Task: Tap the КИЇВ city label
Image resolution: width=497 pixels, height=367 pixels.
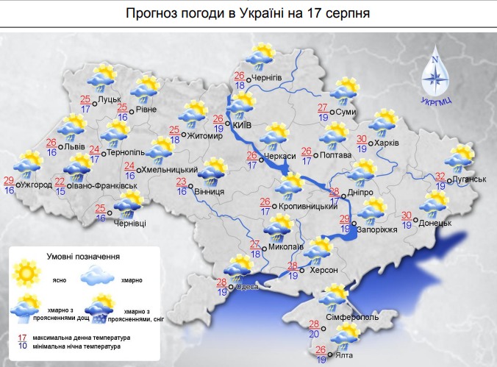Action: tap(242, 126)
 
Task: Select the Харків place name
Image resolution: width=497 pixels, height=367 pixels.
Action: tap(387, 143)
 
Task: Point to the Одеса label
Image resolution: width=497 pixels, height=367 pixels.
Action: tap(247, 287)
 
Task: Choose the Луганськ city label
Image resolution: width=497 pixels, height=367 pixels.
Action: tap(470, 179)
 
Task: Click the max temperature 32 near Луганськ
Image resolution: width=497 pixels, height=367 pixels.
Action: tap(440, 177)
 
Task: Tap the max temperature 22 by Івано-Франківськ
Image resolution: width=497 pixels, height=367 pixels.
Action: tap(60, 182)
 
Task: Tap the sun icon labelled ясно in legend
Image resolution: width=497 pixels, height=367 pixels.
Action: tap(27, 274)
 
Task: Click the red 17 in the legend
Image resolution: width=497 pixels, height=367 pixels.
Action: tap(22, 337)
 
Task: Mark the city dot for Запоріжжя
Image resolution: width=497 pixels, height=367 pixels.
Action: tap(354, 222)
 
